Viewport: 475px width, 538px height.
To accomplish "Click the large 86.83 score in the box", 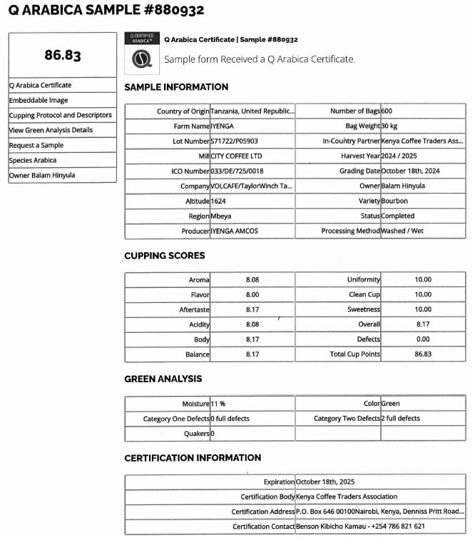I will [x=63, y=55].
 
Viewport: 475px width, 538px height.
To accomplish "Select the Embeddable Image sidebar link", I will [x=39, y=101].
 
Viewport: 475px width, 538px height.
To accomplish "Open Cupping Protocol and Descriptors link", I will [x=60, y=115].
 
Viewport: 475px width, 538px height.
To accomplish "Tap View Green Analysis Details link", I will [x=51, y=130].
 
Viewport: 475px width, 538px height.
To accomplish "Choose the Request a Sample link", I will [x=36, y=145].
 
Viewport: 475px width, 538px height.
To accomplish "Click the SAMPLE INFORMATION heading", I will [x=176, y=87].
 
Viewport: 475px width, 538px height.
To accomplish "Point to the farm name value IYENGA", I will [x=223, y=126].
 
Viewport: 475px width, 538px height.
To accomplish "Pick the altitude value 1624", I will [x=218, y=201].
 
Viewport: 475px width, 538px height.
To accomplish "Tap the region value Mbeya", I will [x=221, y=216].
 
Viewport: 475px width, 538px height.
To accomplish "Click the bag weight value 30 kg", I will [x=389, y=126].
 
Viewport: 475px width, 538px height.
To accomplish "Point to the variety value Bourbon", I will [x=394, y=201].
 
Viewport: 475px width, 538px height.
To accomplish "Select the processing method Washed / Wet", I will [x=403, y=231].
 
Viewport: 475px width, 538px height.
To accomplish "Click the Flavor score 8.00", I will [x=253, y=294].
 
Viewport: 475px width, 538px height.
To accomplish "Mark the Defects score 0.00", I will [x=423, y=339].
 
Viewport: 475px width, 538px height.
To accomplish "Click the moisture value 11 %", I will [x=218, y=404].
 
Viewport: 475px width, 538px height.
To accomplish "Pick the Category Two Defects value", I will [x=401, y=419].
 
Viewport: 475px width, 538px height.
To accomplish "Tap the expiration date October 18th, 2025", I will [x=325, y=482].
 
